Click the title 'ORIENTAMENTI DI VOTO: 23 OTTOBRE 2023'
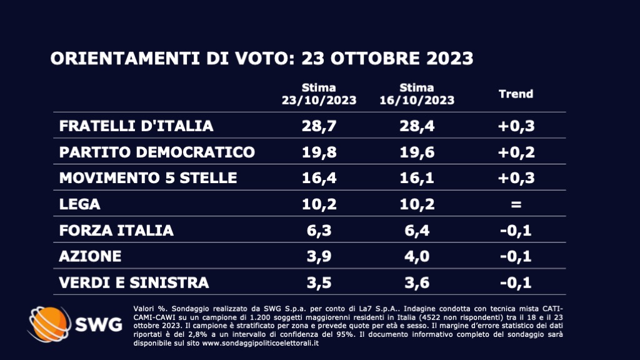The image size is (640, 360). click(x=261, y=59)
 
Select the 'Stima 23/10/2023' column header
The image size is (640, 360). click(x=319, y=94)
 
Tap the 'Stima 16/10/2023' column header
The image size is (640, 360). click(x=417, y=94)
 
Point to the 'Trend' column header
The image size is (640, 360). click(x=516, y=94)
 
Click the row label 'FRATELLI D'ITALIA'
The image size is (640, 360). click(x=136, y=126)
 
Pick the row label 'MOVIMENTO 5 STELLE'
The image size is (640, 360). click(x=148, y=178)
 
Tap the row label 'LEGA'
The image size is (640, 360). click(x=79, y=204)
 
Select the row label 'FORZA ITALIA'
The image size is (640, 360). click(x=116, y=231)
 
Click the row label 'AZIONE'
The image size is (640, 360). click(x=90, y=257)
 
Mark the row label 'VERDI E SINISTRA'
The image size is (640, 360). click(x=134, y=282)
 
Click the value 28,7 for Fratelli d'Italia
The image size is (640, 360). click(x=319, y=126)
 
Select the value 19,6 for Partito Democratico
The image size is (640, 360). click(x=417, y=152)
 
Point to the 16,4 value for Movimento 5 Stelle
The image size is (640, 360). click(x=319, y=178)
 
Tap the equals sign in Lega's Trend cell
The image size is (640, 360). click(x=516, y=204)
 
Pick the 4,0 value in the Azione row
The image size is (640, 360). click(x=417, y=257)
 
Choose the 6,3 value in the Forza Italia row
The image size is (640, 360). click(x=319, y=231)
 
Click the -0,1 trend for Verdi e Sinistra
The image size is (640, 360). click(x=516, y=282)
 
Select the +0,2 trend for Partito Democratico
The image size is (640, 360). click(x=516, y=152)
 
